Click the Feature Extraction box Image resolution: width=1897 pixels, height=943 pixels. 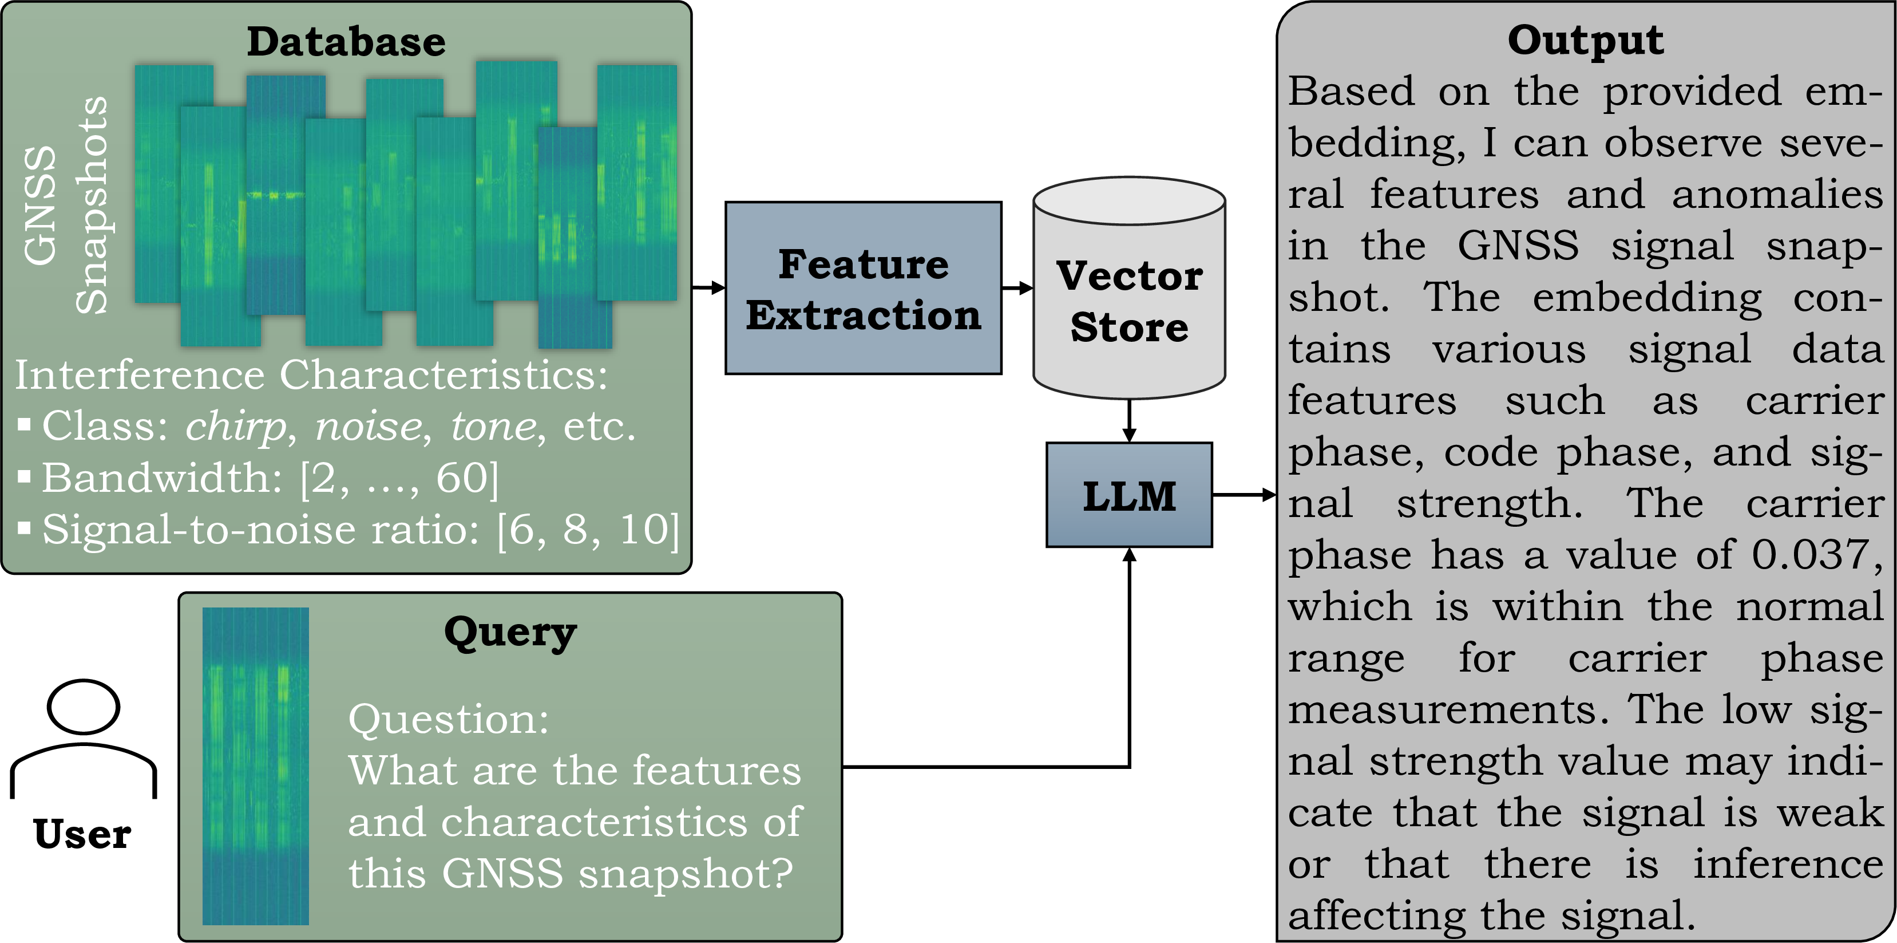tap(863, 288)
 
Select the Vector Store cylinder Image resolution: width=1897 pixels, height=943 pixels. tap(1129, 287)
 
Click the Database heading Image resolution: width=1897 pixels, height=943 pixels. tap(346, 41)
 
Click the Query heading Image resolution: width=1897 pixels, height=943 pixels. tap(510, 633)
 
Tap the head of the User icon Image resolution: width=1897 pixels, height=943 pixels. tap(83, 707)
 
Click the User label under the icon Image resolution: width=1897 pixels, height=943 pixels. tap(82, 834)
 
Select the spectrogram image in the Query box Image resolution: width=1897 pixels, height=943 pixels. tap(256, 766)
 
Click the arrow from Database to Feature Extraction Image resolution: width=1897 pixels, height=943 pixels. tap(708, 287)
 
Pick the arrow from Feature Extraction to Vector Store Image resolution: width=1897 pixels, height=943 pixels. tap(1017, 287)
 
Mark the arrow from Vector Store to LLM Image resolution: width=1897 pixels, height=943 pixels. tap(1129, 421)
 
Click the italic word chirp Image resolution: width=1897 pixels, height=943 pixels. tap(236, 426)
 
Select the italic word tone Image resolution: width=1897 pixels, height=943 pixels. tap(493, 426)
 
